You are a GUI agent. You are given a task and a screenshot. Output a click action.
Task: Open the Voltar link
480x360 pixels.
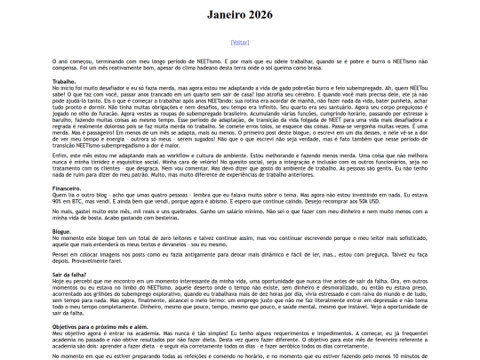pyautogui.click(x=240, y=42)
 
